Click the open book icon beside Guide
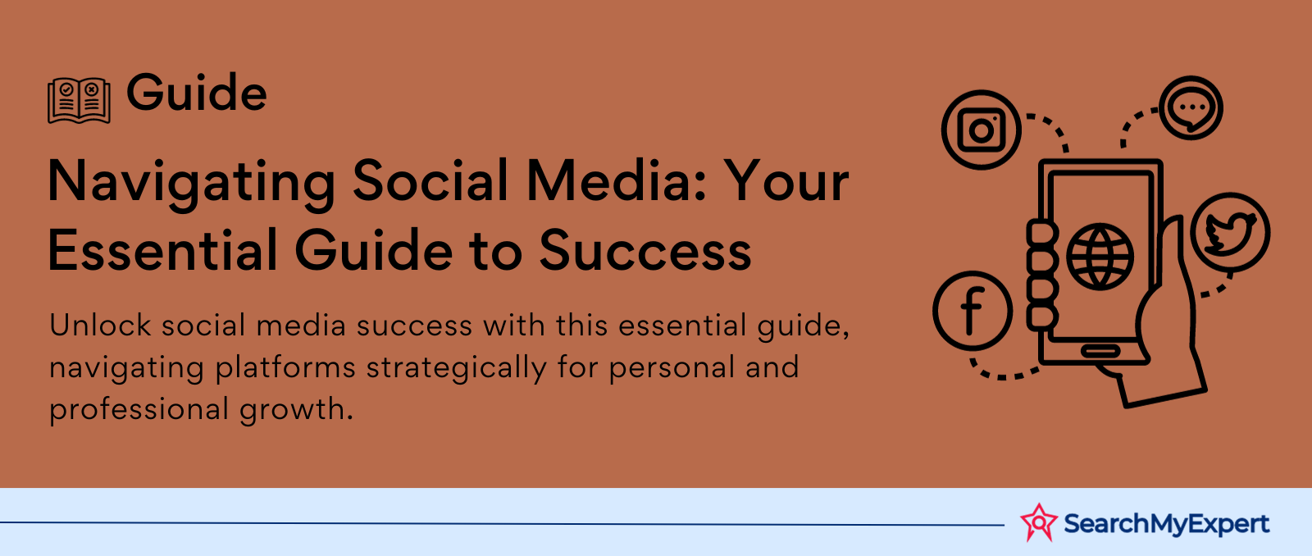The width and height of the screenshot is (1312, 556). [79, 100]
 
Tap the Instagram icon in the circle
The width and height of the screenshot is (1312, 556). [982, 130]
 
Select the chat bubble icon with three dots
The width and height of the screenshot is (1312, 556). [1191, 107]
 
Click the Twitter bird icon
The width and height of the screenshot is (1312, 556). [1230, 232]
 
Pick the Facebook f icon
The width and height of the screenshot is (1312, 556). [973, 311]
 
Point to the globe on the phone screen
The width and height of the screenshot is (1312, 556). [1100, 257]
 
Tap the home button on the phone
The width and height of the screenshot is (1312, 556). [1100, 351]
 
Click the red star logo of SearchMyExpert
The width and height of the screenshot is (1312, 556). [1039, 522]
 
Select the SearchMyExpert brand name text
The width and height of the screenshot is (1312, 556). [1166, 524]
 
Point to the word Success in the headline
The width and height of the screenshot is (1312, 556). [645, 251]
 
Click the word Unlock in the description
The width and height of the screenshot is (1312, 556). [100, 326]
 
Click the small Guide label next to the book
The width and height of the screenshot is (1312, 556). [197, 93]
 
